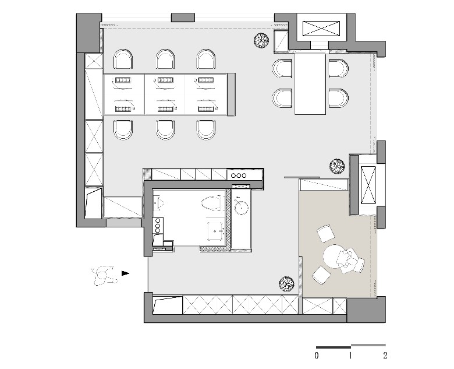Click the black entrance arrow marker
[x=125, y=273]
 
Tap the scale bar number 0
[x=317, y=356]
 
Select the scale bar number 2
[x=385, y=356]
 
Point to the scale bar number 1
[x=350, y=356]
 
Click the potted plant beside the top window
[x=261, y=41]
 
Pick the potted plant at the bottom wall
[x=286, y=284]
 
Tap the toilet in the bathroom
[x=212, y=203]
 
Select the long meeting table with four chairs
[x=310, y=84]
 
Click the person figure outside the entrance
[x=104, y=275]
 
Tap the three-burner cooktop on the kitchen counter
[x=239, y=175]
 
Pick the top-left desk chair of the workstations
[x=123, y=59]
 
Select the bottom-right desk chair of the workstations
[x=206, y=129]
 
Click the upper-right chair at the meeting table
[x=338, y=68]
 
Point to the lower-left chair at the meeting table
[x=282, y=98]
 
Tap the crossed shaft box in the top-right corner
[x=321, y=29]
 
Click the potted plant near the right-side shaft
[x=337, y=166]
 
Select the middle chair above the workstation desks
[x=165, y=59]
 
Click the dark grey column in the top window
[x=183, y=17]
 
